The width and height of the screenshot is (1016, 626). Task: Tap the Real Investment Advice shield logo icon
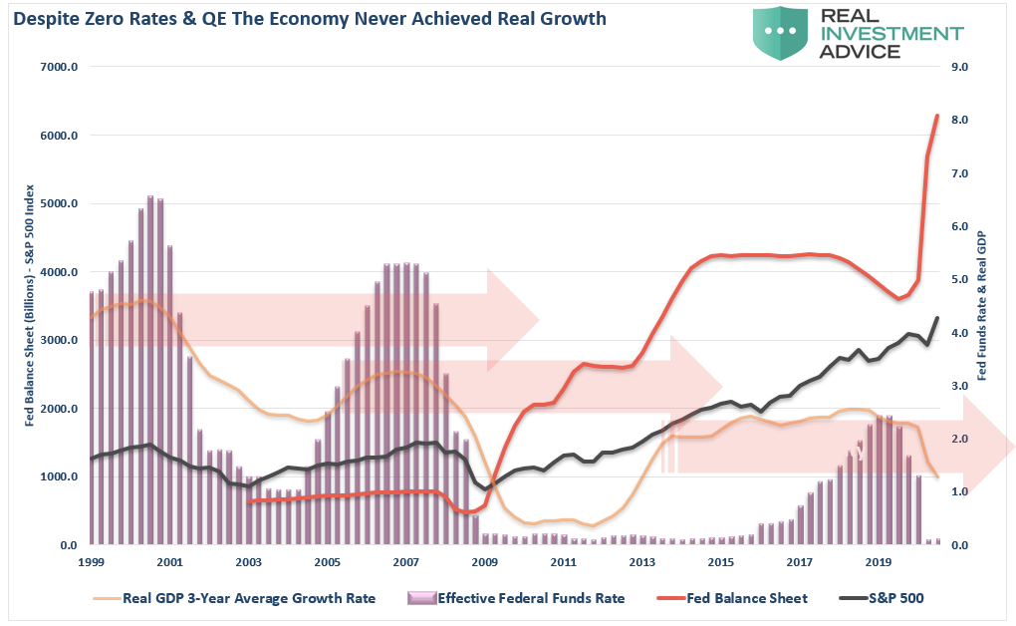(781, 33)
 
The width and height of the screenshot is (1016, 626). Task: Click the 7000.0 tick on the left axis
(59, 67)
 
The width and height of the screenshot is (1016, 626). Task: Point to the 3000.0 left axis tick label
(59, 340)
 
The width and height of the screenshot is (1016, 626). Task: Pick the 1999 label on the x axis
(91, 563)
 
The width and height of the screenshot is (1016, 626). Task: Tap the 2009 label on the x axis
(484, 563)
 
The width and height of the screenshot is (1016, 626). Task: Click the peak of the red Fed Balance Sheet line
(937, 116)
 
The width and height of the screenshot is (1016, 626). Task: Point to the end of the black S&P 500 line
(937, 318)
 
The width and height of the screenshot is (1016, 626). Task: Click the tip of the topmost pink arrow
(539, 321)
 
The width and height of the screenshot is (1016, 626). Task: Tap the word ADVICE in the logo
(858, 51)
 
